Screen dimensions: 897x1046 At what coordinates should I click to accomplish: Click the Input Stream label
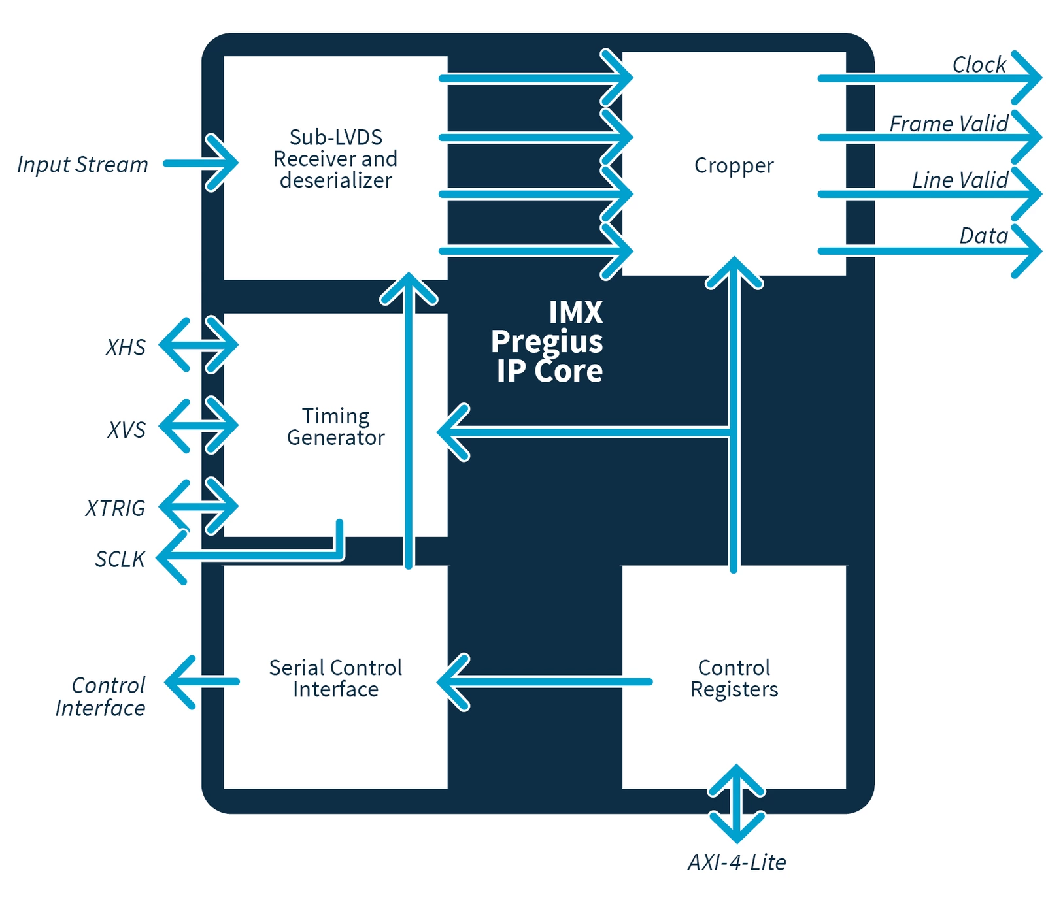coord(83,165)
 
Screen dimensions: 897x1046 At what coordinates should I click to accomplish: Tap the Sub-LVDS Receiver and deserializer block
coord(335,159)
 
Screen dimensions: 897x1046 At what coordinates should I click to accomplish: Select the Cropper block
coord(734,165)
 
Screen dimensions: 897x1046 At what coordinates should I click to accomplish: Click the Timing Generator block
coord(335,427)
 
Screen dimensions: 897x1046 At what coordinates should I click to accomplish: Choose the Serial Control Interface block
coord(335,678)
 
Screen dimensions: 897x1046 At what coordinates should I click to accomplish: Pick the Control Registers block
coord(734,678)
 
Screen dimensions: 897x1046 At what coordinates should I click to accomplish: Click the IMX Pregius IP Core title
coord(548,342)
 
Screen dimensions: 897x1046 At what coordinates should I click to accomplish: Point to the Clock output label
coord(978,65)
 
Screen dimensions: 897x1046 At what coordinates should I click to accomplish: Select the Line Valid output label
coord(960,180)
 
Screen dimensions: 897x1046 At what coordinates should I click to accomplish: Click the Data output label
coord(983,236)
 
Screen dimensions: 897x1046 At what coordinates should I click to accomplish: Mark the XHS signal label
coord(126,348)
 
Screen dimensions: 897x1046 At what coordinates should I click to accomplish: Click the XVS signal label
coord(126,430)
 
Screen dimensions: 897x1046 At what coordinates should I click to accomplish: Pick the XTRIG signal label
coord(115,508)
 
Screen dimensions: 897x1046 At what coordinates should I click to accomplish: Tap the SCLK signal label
coord(120,559)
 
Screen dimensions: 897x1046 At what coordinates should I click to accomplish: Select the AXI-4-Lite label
coord(737,862)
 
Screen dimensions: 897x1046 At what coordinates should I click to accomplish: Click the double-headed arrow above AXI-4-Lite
coord(737,804)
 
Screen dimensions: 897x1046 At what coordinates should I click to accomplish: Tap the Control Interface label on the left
coord(100,696)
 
